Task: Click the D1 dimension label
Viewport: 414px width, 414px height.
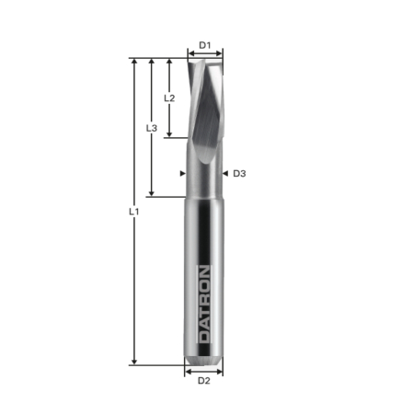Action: [205, 44]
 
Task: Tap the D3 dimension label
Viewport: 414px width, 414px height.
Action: [239, 173]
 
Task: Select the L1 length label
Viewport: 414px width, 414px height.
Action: [133, 212]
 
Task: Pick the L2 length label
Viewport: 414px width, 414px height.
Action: [169, 97]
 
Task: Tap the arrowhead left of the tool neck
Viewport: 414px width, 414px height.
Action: [182, 173]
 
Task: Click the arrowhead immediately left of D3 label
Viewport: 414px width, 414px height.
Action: [225, 173]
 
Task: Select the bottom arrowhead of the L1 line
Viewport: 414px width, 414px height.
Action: [135, 362]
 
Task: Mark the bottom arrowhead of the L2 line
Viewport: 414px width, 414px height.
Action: [170, 134]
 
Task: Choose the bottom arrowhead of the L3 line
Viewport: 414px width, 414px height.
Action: [153, 192]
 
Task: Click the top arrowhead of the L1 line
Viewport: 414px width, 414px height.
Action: [135, 62]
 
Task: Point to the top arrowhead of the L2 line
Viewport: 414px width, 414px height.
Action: [170, 62]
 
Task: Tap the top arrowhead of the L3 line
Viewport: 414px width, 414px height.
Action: [153, 62]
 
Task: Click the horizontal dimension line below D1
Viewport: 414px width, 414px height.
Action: [205, 54]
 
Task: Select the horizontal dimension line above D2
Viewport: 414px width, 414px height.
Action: [204, 371]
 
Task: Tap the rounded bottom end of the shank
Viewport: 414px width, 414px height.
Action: [204, 357]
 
